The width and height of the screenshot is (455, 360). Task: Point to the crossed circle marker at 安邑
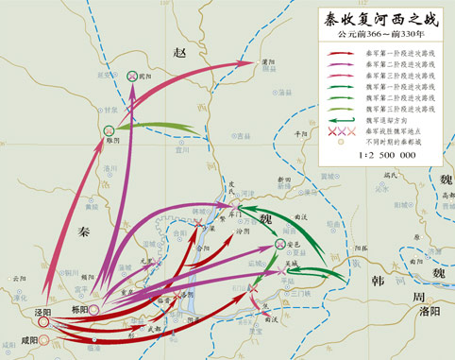point(280,245)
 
